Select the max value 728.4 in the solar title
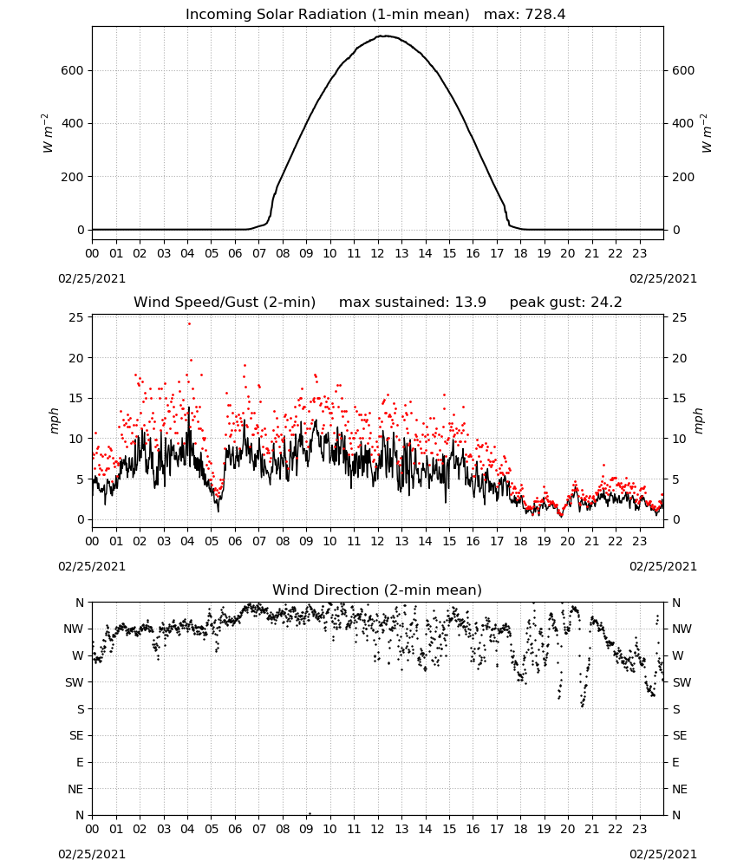pyautogui.click(x=545, y=15)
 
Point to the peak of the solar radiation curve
pyautogui.click(x=385, y=36)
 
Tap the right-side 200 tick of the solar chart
pyautogui.click(x=683, y=177)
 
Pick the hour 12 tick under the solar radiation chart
pyautogui.click(x=378, y=253)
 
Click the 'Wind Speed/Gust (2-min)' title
pyautogui.click(x=225, y=303)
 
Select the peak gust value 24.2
pyautogui.click(x=603, y=303)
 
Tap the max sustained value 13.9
pyautogui.click(x=471, y=303)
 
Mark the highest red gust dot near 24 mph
pyautogui.click(x=189, y=324)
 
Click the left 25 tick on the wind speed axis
pyautogui.click(x=76, y=317)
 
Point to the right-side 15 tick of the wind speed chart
pyautogui.click(x=679, y=398)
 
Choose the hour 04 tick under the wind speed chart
pyautogui.click(x=187, y=541)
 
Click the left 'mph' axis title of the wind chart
pyautogui.click(x=54, y=420)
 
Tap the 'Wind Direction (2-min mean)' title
pyautogui.click(x=377, y=590)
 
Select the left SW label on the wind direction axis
pyautogui.click(x=74, y=682)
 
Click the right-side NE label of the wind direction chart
pyautogui.click(x=680, y=789)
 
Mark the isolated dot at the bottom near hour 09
pyautogui.click(x=310, y=813)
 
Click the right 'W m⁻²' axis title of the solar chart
pyautogui.click(x=707, y=134)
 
